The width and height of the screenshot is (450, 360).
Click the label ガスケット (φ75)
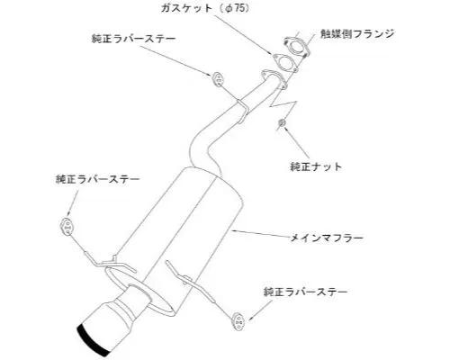click(x=205, y=8)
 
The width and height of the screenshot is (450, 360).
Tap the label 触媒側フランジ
click(x=357, y=34)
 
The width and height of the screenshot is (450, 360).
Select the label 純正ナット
click(x=316, y=166)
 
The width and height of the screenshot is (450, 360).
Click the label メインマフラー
click(x=327, y=238)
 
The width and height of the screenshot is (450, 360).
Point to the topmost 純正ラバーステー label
click(x=133, y=39)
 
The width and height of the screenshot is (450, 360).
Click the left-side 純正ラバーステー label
click(x=98, y=179)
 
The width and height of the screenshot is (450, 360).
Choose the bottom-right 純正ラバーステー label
click(x=305, y=292)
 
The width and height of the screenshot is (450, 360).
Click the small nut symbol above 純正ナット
click(x=282, y=122)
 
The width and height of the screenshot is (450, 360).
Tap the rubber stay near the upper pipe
click(x=218, y=79)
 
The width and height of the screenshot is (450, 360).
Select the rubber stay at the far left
click(x=67, y=227)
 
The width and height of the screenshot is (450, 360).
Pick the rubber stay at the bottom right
click(x=238, y=321)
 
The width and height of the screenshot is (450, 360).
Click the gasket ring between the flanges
click(x=284, y=63)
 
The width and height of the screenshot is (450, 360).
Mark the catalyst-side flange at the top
click(x=295, y=47)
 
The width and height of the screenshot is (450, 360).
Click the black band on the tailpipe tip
click(x=93, y=340)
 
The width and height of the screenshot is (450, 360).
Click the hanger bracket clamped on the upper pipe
click(x=243, y=112)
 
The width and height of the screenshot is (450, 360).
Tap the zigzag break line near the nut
click(x=283, y=105)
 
